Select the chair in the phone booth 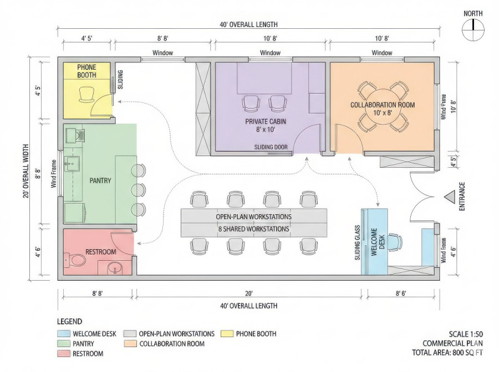(87, 95)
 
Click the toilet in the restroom (70, 259)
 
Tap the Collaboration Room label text (382, 105)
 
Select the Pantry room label (100, 180)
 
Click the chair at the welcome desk (395, 241)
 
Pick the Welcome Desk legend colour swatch (63, 334)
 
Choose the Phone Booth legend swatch (226, 334)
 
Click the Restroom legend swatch (63, 354)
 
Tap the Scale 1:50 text (465, 334)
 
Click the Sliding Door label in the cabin (271, 147)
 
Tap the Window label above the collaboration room (381, 53)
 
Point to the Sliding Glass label (358, 242)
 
